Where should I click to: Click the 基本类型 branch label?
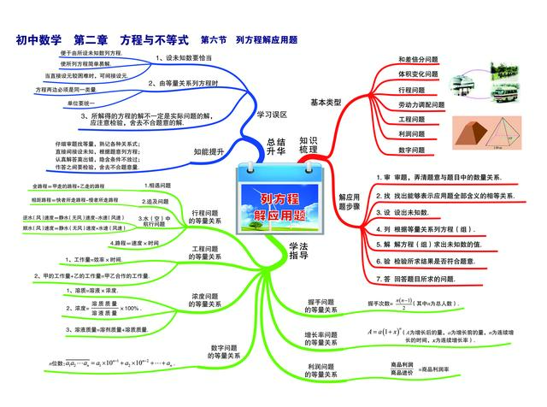click(x=326, y=102)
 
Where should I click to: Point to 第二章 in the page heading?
click(x=91, y=39)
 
